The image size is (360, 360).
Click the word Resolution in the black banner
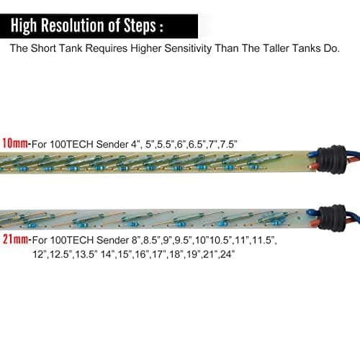(73, 25)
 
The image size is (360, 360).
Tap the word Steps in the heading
(140, 26)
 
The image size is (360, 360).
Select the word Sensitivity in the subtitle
(188, 48)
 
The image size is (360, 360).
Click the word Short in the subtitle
(43, 48)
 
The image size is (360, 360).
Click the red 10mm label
(15, 143)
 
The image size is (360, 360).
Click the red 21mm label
(15, 239)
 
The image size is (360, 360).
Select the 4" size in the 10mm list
(135, 144)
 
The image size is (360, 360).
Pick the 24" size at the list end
(227, 254)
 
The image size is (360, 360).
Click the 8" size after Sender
(136, 240)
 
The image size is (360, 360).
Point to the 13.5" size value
(86, 254)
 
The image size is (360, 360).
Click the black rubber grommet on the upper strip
(331, 159)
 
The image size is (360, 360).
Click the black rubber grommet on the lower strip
(333, 218)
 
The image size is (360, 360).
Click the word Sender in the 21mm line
(113, 240)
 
